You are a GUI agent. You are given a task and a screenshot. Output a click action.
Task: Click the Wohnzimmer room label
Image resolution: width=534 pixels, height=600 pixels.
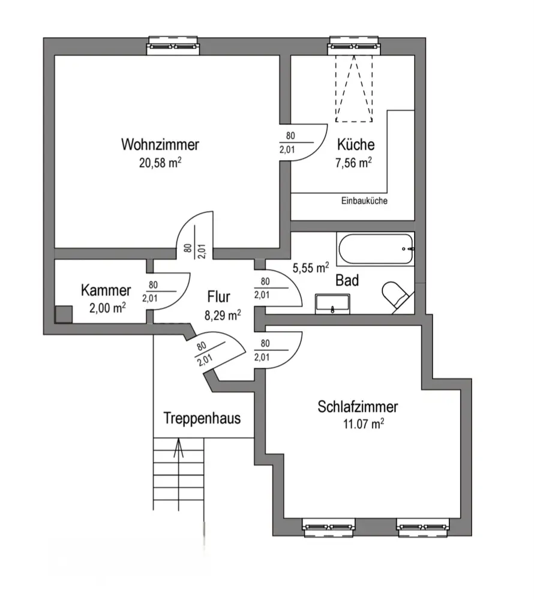pos(160,145)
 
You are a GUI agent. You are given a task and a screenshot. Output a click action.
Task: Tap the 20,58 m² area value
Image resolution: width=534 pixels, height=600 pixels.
pos(160,161)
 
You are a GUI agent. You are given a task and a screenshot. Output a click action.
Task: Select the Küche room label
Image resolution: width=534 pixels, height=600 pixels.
pos(356,145)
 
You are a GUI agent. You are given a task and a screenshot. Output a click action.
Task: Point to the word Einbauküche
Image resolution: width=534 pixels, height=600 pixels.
pos(364,201)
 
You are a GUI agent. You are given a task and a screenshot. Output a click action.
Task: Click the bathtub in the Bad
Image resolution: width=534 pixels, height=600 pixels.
pos(376,249)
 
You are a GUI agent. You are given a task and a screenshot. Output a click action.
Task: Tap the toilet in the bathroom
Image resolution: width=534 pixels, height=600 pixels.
pos(397,296)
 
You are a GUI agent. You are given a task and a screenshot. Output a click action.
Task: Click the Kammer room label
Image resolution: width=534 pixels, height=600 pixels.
pos(106,291)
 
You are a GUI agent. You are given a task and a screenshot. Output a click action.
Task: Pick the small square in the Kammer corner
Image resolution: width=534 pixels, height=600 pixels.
pos(62,313)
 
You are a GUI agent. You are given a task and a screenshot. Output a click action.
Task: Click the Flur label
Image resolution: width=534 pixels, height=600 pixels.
pos(220,296)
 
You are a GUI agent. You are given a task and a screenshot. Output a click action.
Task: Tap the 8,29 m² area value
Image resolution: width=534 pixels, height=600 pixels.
pos(223,314)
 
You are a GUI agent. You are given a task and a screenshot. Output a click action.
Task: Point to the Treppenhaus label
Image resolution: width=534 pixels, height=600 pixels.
pos(202,418)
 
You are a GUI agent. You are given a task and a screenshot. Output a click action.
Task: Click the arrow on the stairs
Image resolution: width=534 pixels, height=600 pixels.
pos(178,449)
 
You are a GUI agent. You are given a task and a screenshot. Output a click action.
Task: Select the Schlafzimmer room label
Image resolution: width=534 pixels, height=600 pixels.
pos(358,407)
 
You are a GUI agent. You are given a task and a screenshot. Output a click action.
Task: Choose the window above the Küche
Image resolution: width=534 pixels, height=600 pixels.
pos(355,44)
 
